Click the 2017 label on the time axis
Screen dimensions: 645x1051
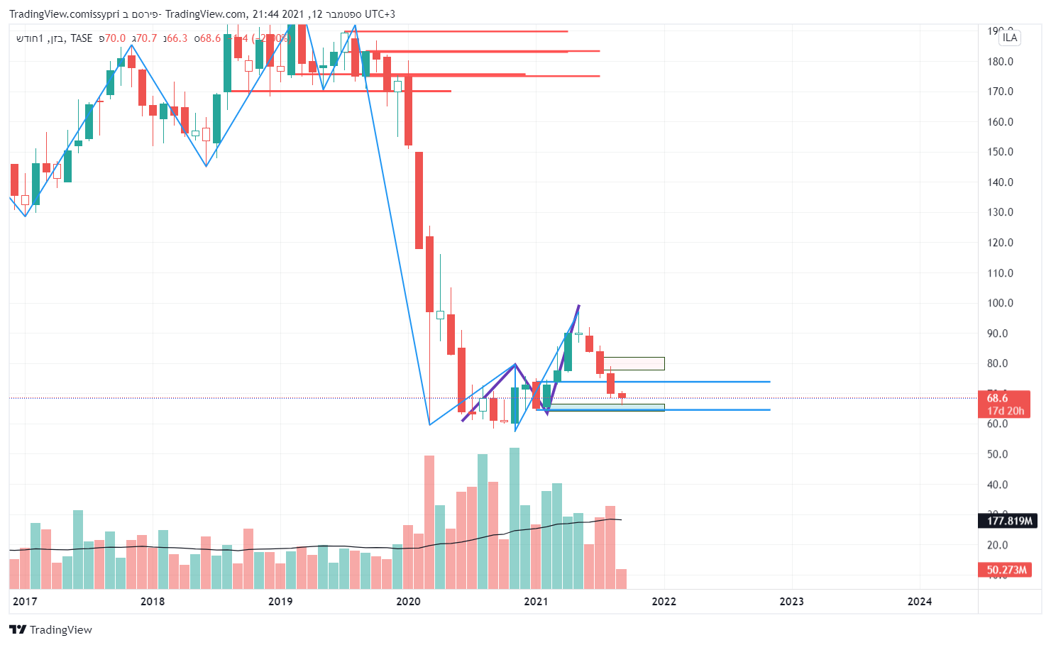[25, 602]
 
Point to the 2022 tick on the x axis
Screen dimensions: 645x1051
[664, 602]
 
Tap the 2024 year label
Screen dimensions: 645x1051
[920, 602]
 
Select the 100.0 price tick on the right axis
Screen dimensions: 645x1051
[1000, 303]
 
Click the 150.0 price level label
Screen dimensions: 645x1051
[1000, 152]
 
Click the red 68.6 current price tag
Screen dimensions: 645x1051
[1003, 404]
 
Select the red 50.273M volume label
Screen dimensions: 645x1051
[1006, 570]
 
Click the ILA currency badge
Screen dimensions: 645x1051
[1010, 38]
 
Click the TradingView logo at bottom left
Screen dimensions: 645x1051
[51, 629]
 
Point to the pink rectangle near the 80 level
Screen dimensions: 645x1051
[634, 363]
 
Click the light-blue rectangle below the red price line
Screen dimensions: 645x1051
[607, 407]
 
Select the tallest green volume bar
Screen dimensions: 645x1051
[515, 518]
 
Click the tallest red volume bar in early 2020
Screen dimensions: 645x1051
[429, 522]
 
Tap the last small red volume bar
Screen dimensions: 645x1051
[622, 578]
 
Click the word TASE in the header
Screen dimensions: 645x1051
[81, 38]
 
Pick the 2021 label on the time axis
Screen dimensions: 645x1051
[536, 602]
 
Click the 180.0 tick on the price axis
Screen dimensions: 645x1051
[1000, 62]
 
